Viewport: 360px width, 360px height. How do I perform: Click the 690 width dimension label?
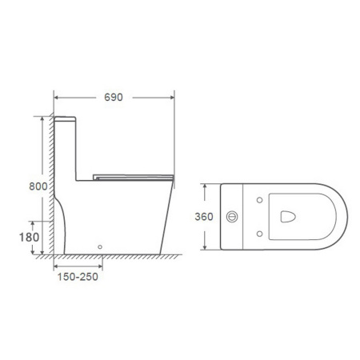click(x=114, y=98)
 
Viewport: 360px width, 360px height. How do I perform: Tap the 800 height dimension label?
click(x=38, y=186)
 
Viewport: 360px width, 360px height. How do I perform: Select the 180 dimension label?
click(x=29, y=237)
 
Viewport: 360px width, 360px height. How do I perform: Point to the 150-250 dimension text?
click(x=78, y=277)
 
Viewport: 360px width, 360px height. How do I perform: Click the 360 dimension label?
click(x=204, y=217)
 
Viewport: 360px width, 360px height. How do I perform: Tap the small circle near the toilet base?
click(x=100, y=247)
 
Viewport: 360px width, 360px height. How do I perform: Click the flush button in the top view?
click(x=232, y=217)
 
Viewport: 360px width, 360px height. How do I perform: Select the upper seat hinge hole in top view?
click(x=259, y=200)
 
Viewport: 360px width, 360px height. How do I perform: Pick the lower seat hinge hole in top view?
click(x=259, y=234)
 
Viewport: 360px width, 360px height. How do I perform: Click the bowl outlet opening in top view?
click(x=288, y=217)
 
